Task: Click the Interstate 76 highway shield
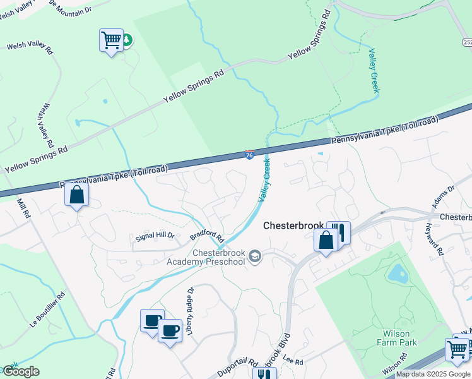250,154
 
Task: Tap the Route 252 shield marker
467,42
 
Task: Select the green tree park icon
126,40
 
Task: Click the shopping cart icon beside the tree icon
111,40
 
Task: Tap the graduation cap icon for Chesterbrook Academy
255,256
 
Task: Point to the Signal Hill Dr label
155,236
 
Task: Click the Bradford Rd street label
207,238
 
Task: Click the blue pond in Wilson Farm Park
398,274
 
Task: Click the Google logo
21,371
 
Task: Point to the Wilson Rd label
391,365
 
